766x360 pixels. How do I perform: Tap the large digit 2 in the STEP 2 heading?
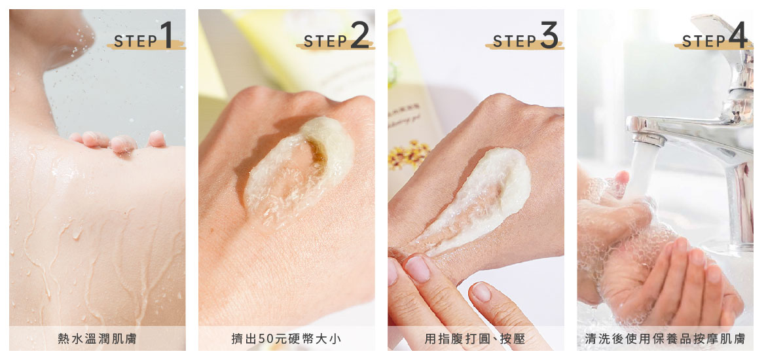[x=359, y=37]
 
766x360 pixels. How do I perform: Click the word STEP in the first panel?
[x=136, y=42]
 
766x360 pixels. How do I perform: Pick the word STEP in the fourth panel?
[x=704, y=42]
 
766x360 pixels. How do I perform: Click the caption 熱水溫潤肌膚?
[x=97, y=339]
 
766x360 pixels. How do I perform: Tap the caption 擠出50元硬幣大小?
[x=286, y=339]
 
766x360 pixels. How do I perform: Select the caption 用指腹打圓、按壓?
[x=475, y=339]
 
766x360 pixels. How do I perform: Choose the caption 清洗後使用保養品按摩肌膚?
[x=665, y=339]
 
